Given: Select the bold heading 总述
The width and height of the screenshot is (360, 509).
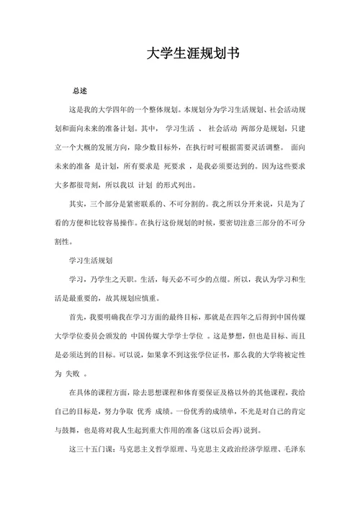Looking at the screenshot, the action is click(79, 91).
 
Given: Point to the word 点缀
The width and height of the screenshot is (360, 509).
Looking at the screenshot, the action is click(248, 278).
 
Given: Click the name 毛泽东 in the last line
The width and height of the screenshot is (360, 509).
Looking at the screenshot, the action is click(294, 449).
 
